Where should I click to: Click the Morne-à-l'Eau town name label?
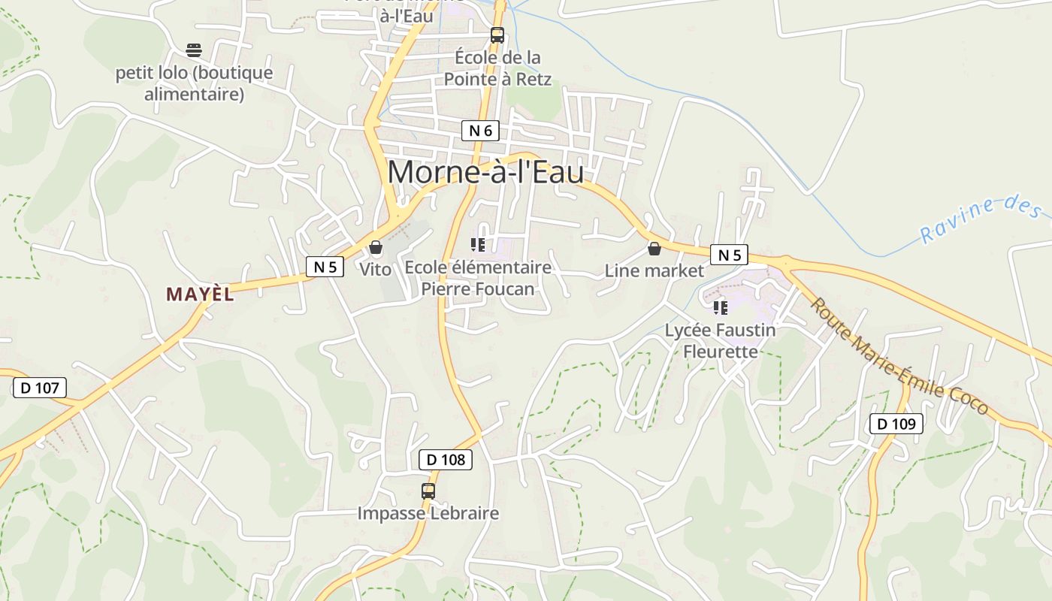click(x=485, y=172)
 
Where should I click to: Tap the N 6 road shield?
click(x=480, y=131)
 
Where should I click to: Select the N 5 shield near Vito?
click(x=325, y=266)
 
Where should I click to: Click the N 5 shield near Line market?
click(x=729, y=255)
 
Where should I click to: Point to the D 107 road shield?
click(x=40, y=388)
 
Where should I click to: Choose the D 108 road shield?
click(x=446, y=459)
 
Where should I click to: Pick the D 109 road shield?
click(x=896, y=424)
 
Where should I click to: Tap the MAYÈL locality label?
click(x=200, y=294)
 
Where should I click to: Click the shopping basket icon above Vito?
click(x=376, y=247)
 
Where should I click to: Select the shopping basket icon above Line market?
click(x=654, y=249)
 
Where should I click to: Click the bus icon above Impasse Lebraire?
click(x=428, y=491)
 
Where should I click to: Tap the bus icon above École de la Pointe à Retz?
click(x=497, y=35)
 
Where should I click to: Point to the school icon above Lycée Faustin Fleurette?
click(x=721, y=307)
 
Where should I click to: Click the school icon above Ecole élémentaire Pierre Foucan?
click(x=477, y=245)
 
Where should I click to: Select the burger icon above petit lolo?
click(x=194, y=50)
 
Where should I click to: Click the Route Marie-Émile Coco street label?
click(x=899, y=356)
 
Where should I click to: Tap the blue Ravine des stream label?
click(x=981, y=218)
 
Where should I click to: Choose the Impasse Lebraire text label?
click(x=428, y=513)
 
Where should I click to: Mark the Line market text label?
click(x=654, y=270)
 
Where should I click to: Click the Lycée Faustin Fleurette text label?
click(x=721, y=340)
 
